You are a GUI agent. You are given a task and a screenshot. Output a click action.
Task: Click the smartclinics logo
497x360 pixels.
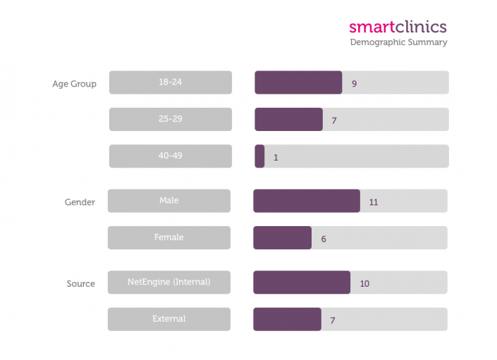pyautogui.click(x=398, y=27)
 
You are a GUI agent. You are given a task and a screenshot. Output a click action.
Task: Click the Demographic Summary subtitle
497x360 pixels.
pyautogui.click(x=398, y=42)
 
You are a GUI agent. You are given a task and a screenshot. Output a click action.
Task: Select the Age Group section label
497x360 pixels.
pyautogui.click(x=74, y=84)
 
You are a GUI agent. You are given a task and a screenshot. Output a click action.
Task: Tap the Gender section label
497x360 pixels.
pyautogui.click(x=80, y=202)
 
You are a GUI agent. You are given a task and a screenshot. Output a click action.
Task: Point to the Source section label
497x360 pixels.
pyautogui.click(x=80, y=284)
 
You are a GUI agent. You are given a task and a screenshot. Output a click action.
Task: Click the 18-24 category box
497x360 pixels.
pyautogui.click(x=170, y=82)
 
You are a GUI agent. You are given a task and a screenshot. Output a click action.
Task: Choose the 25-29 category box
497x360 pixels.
pyautogui.click(x=170, y=119)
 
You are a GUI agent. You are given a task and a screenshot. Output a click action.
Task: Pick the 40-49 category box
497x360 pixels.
pyautogui.click(x=170, y=156)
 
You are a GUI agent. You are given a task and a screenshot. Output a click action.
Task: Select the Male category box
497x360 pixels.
pyautogui.click(x=169, y=201)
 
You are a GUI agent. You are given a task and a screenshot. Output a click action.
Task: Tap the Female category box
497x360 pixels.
pyautogui.click(x=169, y=237)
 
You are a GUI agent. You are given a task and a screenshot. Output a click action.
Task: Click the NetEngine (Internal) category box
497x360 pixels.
pyautogui.click(x=169, y=283)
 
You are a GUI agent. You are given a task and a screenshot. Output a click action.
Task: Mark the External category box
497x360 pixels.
pyautogui.click(x=169, y=319)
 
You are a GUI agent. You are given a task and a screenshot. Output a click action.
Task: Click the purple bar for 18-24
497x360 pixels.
pyautogui.click(x=298, y=82)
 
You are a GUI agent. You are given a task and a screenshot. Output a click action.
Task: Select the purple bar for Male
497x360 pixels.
pyautogui.click(x=307, y=201)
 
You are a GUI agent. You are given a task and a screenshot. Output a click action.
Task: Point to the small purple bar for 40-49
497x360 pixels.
pyautogui.click(x=259, y=156)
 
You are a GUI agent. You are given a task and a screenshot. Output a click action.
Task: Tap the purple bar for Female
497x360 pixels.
pyautogui.click(x=282, y=237)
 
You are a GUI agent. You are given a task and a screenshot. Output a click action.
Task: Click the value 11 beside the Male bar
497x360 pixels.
pyautogui.click(x=374, y=202)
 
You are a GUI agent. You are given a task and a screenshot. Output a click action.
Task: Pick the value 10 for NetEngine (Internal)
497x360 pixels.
pyautogui.click(x=364, y=284)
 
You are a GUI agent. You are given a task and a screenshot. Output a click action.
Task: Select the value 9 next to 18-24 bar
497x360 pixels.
pyautogui.click(x=354, y=84)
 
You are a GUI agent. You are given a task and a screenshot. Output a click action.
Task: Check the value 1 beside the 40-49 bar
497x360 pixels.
pyautogui.click(x=276, y=158)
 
